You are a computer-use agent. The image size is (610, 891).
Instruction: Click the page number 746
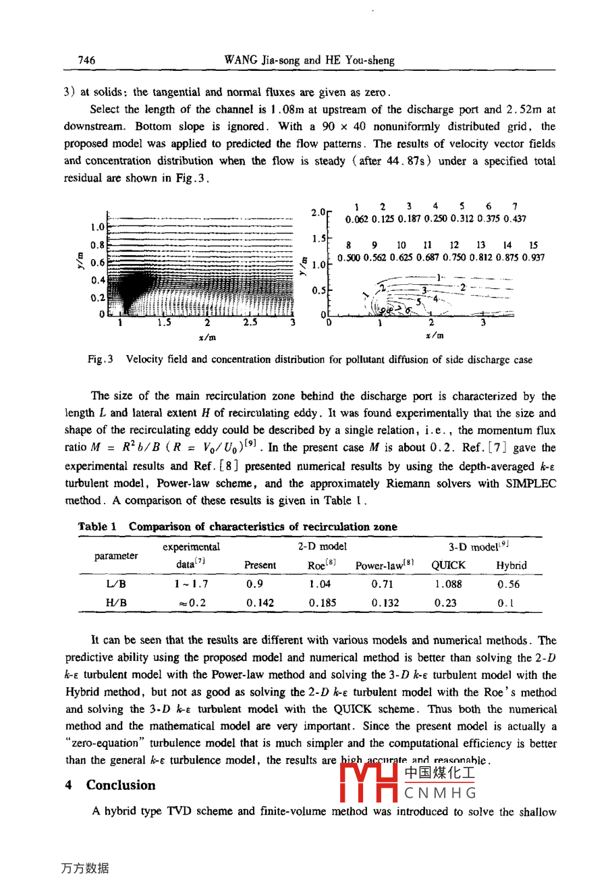(x=86, y=60)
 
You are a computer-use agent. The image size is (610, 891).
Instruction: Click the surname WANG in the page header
(x=240, y=60)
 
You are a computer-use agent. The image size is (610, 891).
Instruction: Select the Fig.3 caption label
(x=100, y=360)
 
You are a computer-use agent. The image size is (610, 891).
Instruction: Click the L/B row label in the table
(x=116, y=585)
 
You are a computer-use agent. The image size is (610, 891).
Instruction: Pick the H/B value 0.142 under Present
(x=260, y=603)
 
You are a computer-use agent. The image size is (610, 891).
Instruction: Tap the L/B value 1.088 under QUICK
(x=448, y=585)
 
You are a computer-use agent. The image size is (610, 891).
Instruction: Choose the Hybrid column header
(x=511, y=566)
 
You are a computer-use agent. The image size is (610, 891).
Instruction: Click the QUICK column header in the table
(x=448, y=566)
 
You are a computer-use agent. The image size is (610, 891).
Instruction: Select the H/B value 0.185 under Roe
(x=323, y=603)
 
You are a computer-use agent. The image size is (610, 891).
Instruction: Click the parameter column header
(x=116, y=556)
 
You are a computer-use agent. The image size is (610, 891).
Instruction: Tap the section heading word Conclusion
(x=121, y=785)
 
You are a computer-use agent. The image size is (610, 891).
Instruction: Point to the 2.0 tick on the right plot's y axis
(x=318, y=213)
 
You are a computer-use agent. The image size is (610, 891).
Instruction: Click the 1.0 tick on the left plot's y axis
(x=97, y=227)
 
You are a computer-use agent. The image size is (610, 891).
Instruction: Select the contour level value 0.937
(x=533, y=258)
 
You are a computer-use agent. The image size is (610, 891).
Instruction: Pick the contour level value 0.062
(x=357, y=219)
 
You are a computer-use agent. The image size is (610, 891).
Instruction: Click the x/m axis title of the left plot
(x=207, y=337)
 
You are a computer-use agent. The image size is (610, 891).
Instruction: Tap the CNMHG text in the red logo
(x=440, y=793)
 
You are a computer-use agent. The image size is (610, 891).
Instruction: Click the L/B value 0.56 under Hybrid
(x=508, y=585)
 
